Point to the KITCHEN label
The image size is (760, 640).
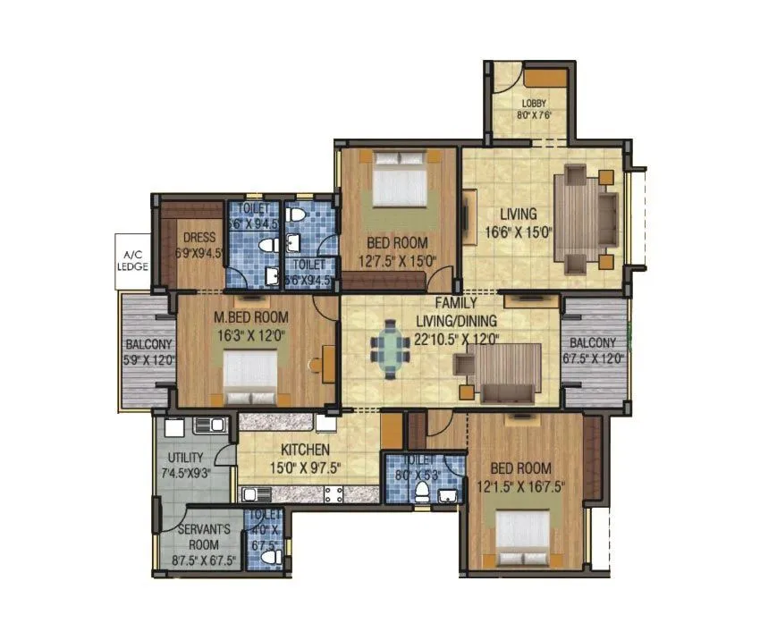(307, 450)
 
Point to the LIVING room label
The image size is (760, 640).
(519, 214)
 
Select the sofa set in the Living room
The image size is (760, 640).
(586, 215)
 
